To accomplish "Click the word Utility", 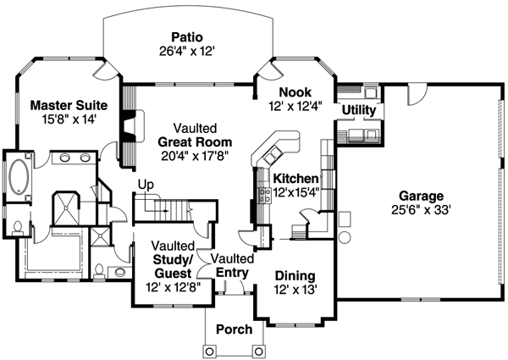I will [x=359, y=110].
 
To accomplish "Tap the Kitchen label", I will [x=295, y=179].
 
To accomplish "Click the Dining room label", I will [x=295, y=276].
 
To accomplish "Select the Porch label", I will [x=234, y=329].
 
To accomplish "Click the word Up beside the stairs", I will [x=146, y=184].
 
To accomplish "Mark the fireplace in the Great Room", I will [x=128, y=129].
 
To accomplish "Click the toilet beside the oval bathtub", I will [x=18, y=226].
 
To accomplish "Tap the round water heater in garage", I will [x=345, y=236].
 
